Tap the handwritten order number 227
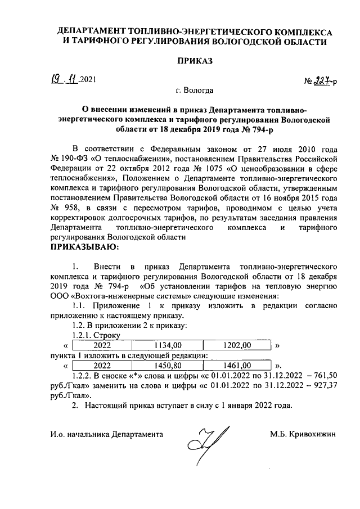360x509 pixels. click(321, 80)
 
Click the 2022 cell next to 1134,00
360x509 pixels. click(102, 345)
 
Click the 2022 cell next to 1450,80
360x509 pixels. click(102, 364)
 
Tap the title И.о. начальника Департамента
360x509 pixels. click(106, 435)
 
